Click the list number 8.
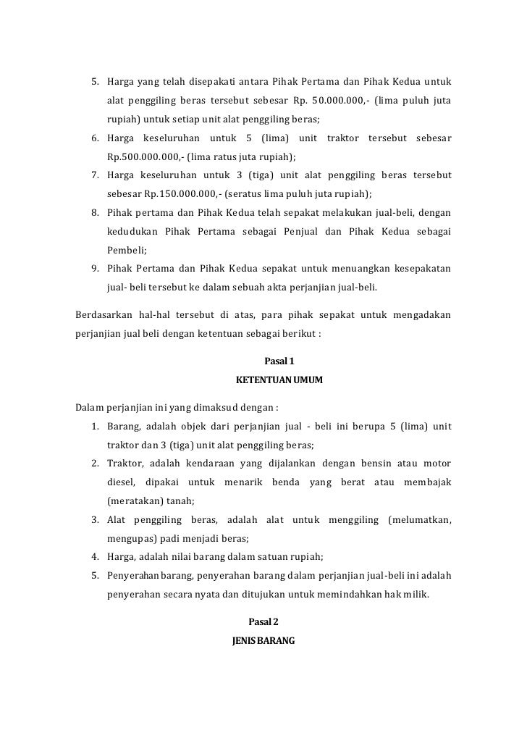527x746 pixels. click(95, 213)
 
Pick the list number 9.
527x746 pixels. click(95, 269)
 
